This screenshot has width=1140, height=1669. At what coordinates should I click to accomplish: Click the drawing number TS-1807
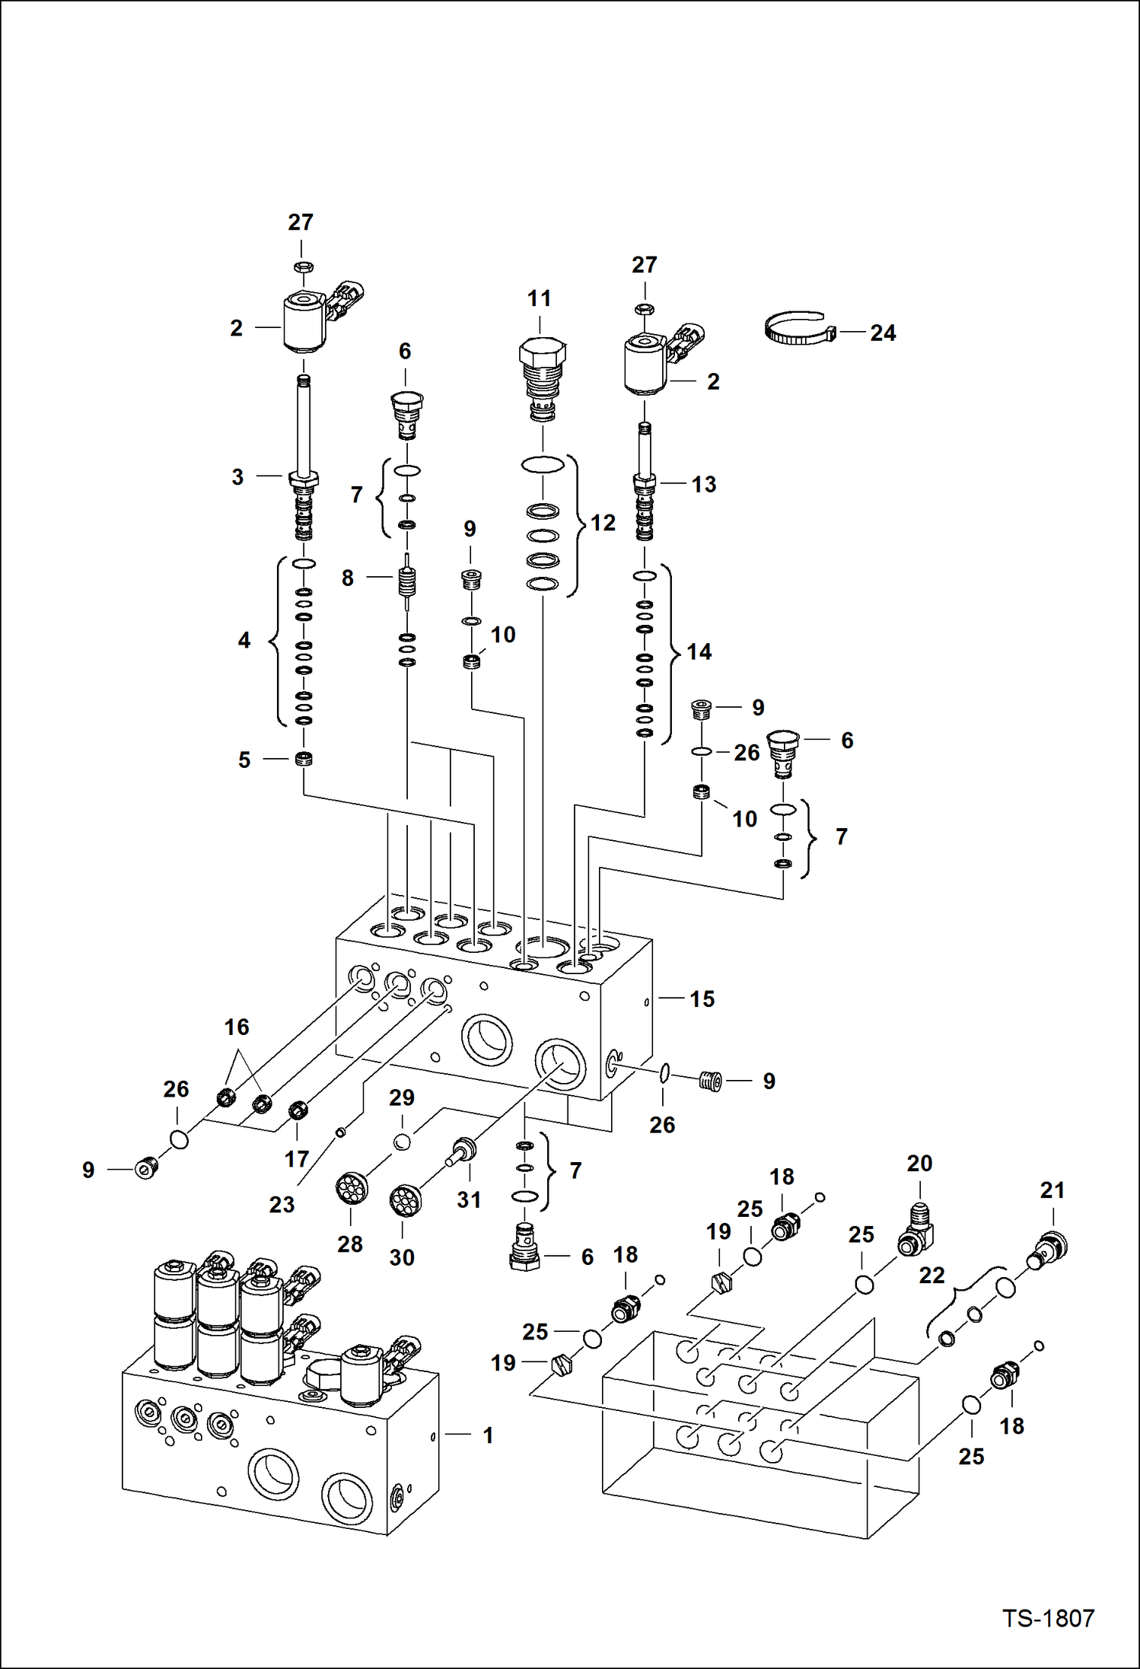click(1047, 1618)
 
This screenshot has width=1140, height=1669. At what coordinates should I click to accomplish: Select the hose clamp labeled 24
click(799, 329)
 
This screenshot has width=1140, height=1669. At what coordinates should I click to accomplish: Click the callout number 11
click(539, 298)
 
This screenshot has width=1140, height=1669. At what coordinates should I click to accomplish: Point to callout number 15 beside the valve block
click(702, 999)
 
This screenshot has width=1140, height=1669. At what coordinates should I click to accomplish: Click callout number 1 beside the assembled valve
click(488, 1435)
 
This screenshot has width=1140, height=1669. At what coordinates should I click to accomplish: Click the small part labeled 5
click(304, 759)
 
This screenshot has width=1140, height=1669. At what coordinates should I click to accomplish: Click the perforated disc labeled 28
click(352, 1189)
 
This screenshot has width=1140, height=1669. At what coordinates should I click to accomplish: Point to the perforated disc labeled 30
click(404, 1200)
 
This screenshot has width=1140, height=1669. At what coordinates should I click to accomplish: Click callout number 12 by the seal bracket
click(603, 523)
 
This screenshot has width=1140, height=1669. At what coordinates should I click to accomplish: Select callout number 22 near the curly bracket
click(931, 1275)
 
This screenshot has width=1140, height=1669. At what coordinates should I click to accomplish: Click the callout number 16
click(236, 1027)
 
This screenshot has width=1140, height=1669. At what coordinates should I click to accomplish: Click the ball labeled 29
click(402, 1141)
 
